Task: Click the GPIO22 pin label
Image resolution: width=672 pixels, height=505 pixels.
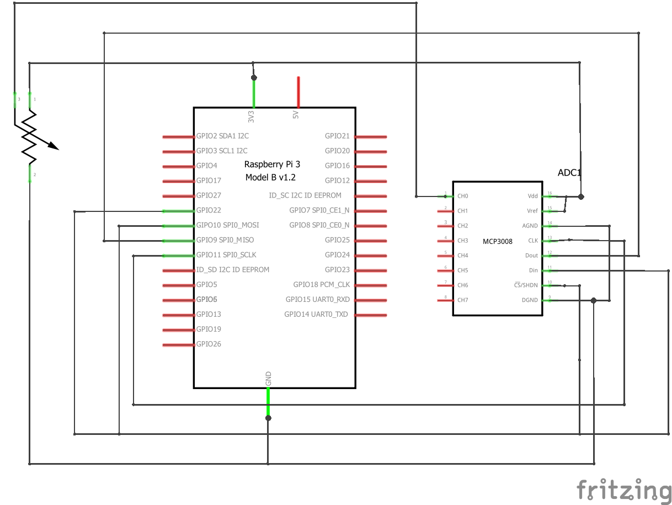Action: point(209,210)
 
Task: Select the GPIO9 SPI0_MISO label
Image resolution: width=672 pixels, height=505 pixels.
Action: point(225,240)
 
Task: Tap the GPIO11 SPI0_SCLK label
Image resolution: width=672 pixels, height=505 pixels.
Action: point(226,255)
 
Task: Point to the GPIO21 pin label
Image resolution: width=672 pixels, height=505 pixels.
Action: point(337,136)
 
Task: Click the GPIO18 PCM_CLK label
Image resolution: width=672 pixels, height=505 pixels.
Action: point(321,285)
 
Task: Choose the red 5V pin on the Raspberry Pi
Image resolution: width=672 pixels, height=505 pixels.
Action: point(298,92)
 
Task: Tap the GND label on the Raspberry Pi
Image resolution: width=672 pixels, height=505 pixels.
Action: point(268,379)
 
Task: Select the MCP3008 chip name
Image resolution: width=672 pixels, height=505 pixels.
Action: point(498,241)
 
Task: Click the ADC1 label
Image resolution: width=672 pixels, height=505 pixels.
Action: point(569,173)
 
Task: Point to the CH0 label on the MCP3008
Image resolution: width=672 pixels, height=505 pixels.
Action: point(462,196)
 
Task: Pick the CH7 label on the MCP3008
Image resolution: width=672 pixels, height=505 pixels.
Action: point(462,300)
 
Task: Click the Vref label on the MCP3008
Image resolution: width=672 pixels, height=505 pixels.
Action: point(532,211)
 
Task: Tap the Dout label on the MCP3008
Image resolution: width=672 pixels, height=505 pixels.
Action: point(531,256)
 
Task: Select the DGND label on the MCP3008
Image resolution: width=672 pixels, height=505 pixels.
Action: point(530,300)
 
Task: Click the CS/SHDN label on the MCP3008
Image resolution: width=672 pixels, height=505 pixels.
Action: point(526,285)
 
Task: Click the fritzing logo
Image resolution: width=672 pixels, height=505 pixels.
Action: point(623,489)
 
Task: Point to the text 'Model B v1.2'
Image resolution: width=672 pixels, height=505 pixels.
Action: point(270,177)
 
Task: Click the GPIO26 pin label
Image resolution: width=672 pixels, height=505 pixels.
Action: point(209,344)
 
